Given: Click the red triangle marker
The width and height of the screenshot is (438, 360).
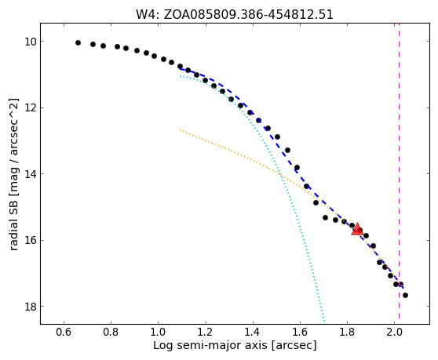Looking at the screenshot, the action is [357, 229].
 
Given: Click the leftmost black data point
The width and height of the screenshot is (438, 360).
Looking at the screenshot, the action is [78, 42].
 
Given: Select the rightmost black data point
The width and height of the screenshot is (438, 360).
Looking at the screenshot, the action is [405, 295].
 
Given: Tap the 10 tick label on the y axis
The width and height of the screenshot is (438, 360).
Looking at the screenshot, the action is [31, 42].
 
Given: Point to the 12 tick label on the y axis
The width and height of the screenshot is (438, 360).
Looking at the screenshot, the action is [31, 107].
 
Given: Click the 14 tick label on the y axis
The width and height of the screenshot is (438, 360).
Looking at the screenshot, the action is [31, 174].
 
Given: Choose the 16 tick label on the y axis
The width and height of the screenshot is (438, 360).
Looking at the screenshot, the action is [31, 240].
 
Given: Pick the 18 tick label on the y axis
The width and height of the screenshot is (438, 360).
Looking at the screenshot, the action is [31, 307].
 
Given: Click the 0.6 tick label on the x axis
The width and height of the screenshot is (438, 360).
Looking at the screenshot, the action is [64, 333].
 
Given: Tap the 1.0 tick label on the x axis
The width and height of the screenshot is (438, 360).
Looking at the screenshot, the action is [159, 333].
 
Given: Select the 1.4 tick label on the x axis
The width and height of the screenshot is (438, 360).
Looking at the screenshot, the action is [253, 333].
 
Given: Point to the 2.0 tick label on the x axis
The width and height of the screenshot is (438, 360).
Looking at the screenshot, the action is [394, 333].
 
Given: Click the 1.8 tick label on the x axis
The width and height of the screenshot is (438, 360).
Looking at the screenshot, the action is [347, 333].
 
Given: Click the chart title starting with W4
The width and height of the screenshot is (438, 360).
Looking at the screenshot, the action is [235, 15].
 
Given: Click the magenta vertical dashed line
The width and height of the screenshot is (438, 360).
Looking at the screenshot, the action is [399, 171].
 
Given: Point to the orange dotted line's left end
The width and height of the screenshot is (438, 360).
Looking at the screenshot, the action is [181, 129].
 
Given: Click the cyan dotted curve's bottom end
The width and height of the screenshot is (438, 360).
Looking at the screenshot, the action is [325, 323].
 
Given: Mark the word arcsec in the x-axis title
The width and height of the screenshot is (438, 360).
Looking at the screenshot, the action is [294, 345].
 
